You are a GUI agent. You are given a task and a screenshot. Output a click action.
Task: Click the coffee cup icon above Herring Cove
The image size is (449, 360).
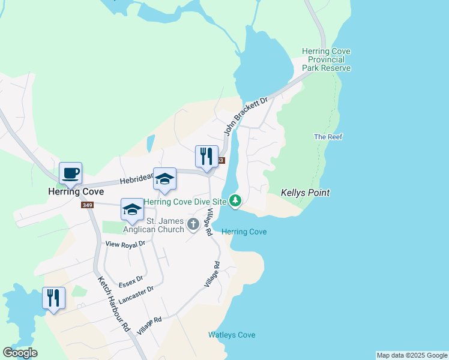pos(70,173)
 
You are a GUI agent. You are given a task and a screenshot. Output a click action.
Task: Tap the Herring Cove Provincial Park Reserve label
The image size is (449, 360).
pos(326,60)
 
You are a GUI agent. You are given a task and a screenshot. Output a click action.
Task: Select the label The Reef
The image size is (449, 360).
pos(328,137)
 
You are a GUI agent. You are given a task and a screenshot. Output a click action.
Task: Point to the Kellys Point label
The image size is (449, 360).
pos(305,193)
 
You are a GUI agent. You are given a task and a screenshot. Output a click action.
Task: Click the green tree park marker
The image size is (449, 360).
pos(236,200)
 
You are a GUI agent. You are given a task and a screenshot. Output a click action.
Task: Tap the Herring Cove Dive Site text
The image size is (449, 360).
pos(185,202)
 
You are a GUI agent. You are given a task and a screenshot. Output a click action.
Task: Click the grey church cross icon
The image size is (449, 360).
pos(193,224)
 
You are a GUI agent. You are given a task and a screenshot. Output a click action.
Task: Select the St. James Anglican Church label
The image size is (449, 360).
pos(153,225)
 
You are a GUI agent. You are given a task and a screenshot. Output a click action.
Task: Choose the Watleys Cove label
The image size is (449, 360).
pos(232,335)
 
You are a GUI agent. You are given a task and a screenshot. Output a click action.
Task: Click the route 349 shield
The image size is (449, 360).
pos(88,205)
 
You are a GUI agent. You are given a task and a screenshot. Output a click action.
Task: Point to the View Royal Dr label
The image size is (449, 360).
pos(125,244)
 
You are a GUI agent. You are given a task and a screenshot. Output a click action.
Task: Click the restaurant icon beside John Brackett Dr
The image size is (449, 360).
pos(206,157)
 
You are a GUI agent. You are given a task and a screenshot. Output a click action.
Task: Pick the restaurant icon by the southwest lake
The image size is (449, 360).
pos(53,298)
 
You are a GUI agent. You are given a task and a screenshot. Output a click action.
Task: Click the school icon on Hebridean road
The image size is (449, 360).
pos(164,179)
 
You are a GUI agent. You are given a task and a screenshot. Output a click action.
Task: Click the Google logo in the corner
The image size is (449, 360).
pos(20,353)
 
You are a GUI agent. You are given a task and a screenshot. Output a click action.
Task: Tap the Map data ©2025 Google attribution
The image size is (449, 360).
pos(412,355)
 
